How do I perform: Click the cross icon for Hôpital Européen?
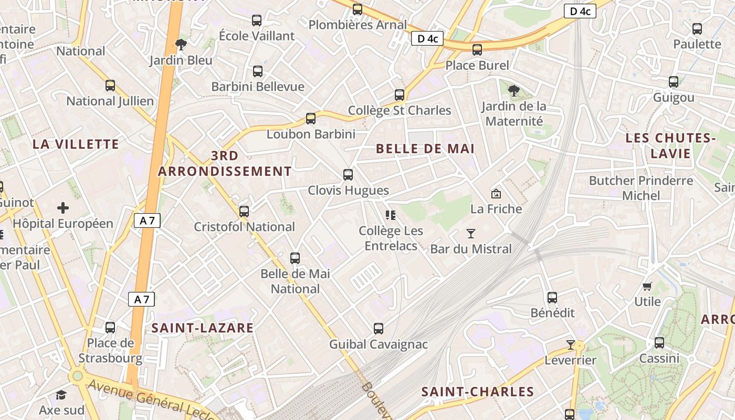63,208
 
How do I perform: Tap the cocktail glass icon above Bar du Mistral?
471,234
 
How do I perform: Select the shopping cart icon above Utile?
647,286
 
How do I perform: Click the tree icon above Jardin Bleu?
181,45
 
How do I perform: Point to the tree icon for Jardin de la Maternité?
514,91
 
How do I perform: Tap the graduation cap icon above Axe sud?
61,395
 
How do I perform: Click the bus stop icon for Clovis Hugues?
348,175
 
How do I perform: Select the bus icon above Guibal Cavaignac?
379,329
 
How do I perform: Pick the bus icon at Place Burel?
477,50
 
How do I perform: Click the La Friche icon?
496,194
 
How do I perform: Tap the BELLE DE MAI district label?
425,149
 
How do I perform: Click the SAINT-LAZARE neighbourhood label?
203,328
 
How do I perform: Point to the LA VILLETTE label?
76,144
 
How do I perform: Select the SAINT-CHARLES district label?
478,392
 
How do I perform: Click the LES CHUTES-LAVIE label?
671,146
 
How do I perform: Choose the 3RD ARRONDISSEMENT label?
225,163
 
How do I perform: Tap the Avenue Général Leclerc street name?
152,402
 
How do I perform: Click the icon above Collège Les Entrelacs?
390,215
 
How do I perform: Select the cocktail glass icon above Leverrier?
571,345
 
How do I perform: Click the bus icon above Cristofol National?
244,212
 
